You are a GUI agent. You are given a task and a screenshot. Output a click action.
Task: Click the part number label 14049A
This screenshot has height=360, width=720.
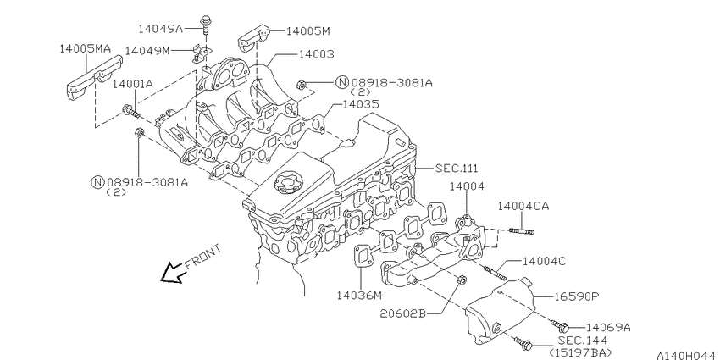click(x=161, y=29)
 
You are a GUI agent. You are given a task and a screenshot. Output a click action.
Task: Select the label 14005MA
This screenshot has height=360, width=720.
click(x=86, y=48)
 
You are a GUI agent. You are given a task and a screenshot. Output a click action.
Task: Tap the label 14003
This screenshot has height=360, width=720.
click(x=317, y=54)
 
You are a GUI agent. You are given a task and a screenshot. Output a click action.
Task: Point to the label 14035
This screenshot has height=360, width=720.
click(x=361, y=105)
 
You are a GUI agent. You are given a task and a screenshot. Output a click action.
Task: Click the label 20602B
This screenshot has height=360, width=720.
click(x=403, y=313)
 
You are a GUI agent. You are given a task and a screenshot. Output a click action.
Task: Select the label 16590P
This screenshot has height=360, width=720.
click(x=576, y=296)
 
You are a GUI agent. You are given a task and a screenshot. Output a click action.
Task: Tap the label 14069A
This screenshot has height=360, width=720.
click(x=608, y=328)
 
